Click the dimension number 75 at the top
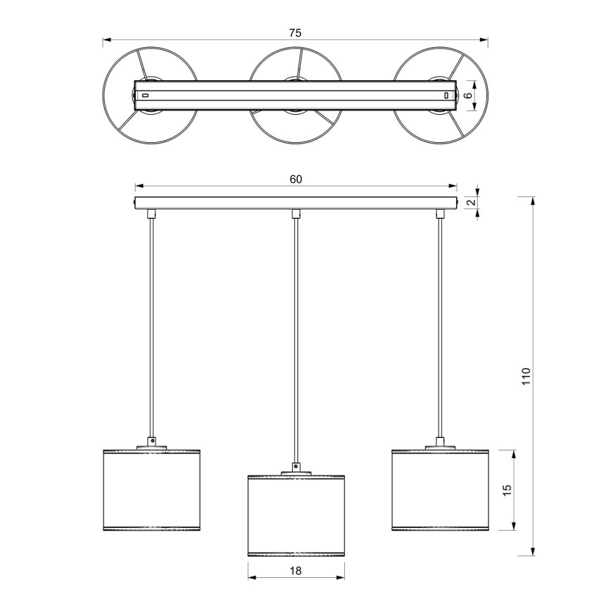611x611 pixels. coord(295,32)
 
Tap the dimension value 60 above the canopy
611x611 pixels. coord(296,179)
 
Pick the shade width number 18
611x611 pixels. coord(296,572)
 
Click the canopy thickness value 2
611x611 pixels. coord(472,202)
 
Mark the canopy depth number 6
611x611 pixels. coord(467,95)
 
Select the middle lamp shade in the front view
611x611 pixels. coord(296,515)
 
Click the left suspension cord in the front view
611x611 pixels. coord(151,324)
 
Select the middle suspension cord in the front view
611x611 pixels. coord(296,338)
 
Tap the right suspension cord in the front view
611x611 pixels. coord(441,324)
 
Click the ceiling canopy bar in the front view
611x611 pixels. coord(296,203)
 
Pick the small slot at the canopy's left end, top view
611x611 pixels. coord(145,95)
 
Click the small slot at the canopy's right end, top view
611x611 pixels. coord(446,95)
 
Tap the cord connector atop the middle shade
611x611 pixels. coord(296,467)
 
